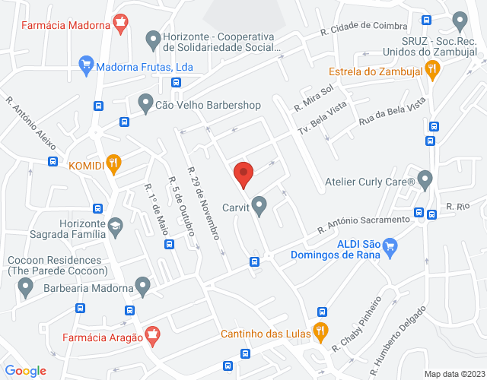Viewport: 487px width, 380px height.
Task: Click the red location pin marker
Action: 243,175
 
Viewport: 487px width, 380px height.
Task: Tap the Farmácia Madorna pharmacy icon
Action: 119,23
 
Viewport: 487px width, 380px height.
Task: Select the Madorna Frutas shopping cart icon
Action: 86,66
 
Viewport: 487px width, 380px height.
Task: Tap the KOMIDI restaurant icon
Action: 113,164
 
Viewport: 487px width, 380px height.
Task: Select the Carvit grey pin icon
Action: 259,205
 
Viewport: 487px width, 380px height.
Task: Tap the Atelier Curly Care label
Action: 368,182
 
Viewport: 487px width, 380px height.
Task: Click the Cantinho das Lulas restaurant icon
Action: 320,332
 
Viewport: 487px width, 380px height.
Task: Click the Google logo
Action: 25,370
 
